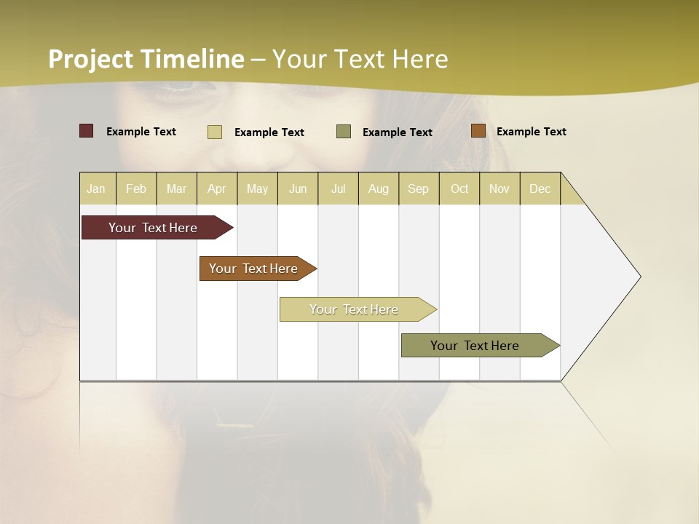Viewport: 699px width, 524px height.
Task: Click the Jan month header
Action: [x=96, y=188]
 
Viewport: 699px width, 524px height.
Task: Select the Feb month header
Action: [x=136, y=188]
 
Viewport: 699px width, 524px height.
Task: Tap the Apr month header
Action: [x=216, y=188]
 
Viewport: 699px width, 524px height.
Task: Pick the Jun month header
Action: [x=297, y=188]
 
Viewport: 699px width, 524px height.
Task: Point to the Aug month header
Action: [x=378, y=188]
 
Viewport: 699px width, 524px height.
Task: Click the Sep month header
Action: [x=418, y=188]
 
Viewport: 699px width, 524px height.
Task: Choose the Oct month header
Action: [x=459, y=188]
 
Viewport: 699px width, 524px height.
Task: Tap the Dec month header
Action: [x=540, y=188]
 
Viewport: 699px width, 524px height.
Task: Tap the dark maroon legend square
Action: [x=87, y=131]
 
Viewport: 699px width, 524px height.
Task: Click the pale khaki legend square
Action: [x=215, y=132]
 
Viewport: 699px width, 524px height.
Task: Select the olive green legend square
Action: [x=344, y=131]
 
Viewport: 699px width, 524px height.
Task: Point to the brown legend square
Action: [x=478, y=131]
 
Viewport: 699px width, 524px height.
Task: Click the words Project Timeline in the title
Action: [x=146, y=59]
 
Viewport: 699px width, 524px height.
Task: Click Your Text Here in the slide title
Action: [x=360, y=59]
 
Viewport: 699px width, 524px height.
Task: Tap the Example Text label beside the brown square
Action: [x=531, y=131]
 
